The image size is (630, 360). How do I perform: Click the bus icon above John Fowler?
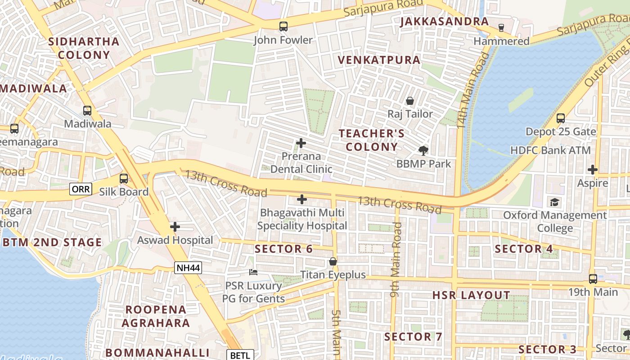(283, 27)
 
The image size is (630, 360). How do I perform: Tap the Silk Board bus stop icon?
(123, 179)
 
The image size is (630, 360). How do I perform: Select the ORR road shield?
(81, 189)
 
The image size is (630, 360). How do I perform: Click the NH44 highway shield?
(188, 268)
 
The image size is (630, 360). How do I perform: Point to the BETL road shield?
(240, 355)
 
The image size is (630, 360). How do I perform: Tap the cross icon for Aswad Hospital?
(175, 227)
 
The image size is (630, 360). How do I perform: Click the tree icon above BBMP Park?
(423, 151)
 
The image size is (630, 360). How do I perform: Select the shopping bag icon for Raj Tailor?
(410, 101)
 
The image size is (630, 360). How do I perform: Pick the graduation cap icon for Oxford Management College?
(554, 202)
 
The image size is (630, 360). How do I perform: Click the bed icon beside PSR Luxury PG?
(253, 272)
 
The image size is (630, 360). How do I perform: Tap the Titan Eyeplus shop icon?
(333, 261)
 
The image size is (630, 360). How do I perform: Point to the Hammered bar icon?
(501, 28)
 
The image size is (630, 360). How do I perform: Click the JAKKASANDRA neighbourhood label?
(444, 21)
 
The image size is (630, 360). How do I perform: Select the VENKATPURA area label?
(379, 60)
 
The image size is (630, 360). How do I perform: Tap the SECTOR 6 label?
(283, 249)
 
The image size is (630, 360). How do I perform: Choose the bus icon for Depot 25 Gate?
(561, 118)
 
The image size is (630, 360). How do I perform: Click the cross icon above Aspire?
(593, 170)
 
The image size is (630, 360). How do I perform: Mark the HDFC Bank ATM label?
(550, 150)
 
